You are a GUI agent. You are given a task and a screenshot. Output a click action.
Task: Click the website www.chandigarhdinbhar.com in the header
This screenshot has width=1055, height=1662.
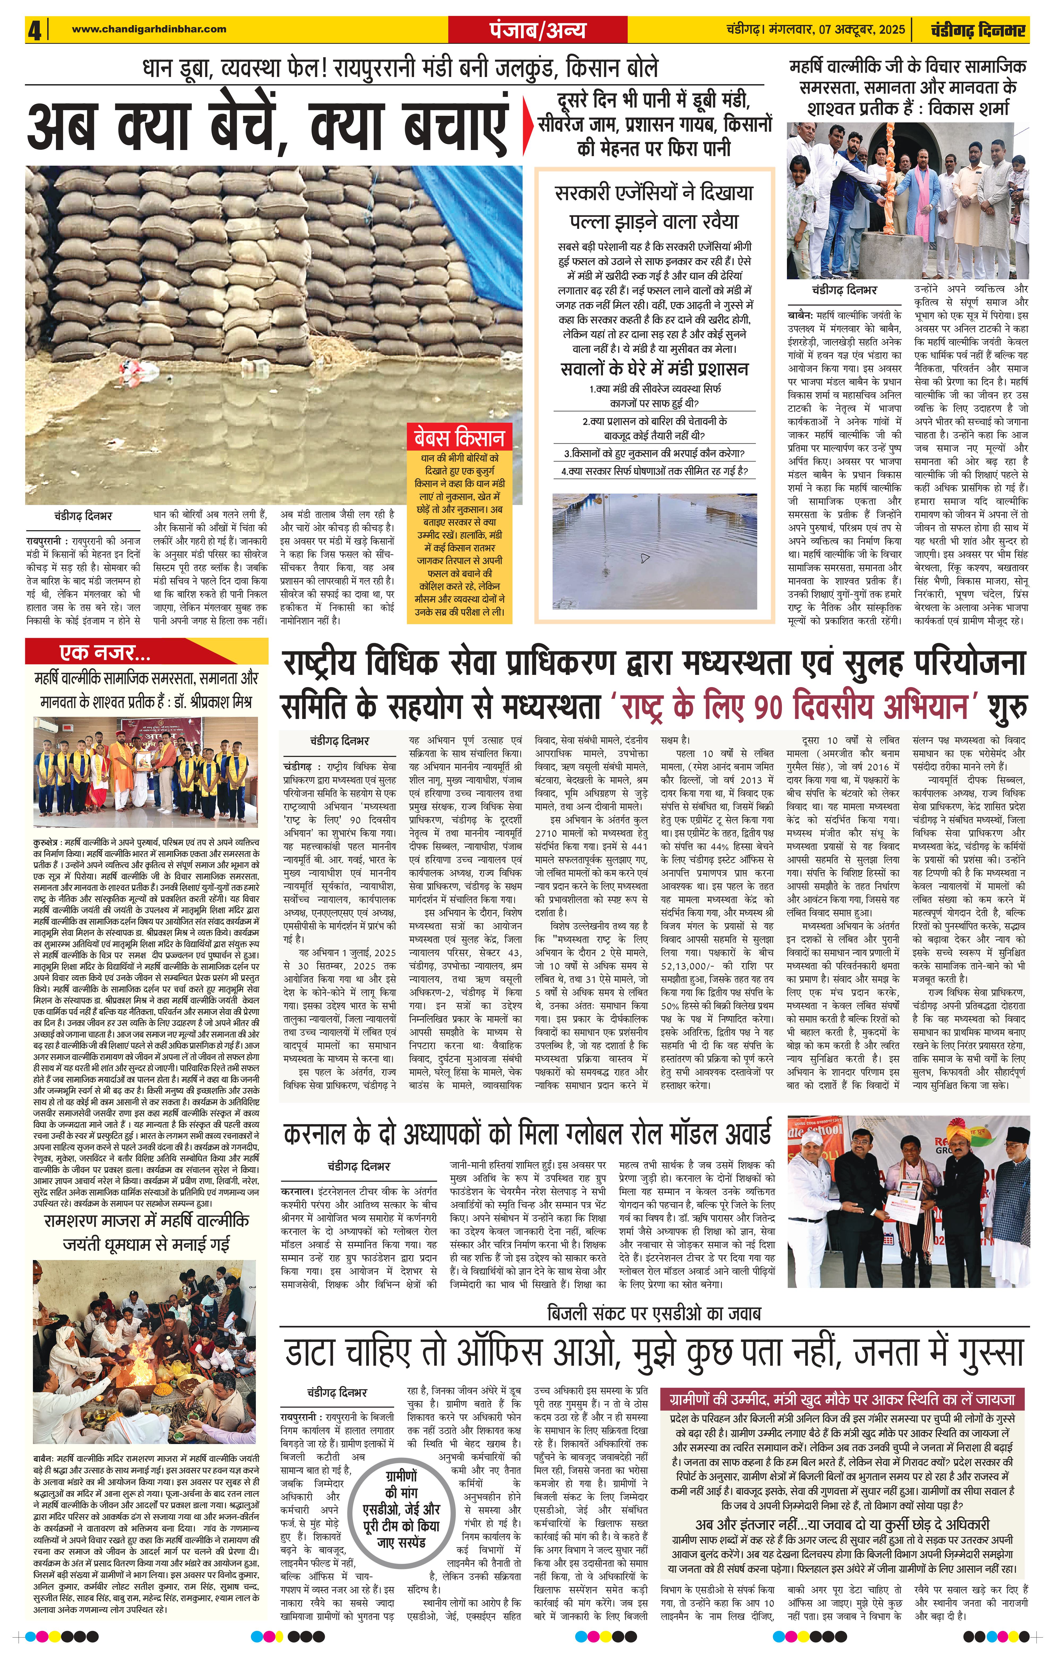(x=149, y=29)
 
